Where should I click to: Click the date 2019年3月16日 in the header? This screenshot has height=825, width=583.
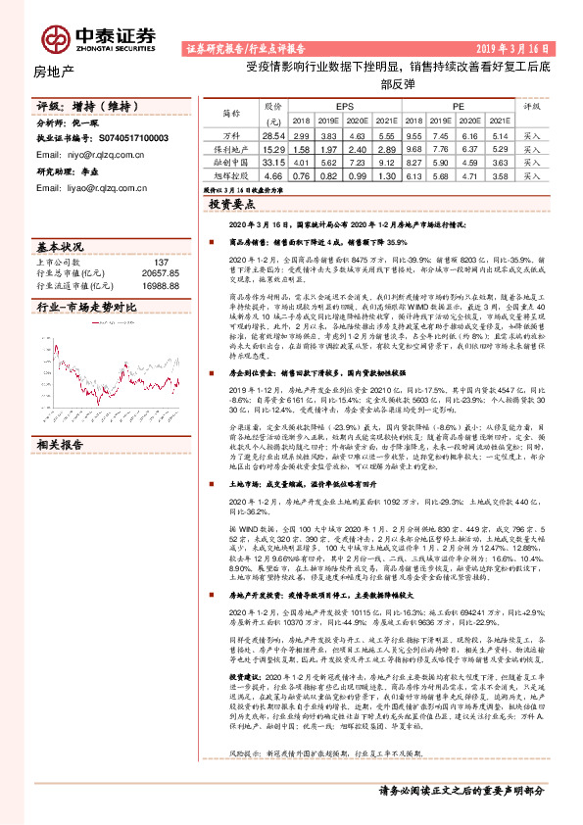pos(516,46)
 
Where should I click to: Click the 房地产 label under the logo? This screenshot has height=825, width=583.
pos(54,72)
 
